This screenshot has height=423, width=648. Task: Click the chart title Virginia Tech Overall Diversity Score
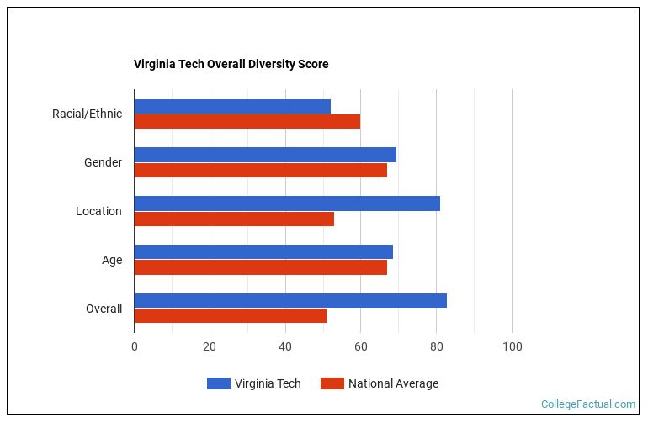tap(231, 64)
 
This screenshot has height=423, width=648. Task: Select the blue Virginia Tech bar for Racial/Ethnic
tap(232, 106)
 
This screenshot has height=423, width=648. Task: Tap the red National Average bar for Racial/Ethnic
tap(247, 121)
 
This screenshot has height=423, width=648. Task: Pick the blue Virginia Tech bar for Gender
tap(265, 155)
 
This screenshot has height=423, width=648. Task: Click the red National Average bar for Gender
tap(260, 170)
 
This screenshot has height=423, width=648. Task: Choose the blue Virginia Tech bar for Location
tap(287, 204)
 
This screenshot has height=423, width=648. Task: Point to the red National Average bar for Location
tap(234, 219)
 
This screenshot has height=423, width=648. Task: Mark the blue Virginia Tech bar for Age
tap(263, 252)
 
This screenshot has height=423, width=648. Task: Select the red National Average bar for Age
tap(260, 267)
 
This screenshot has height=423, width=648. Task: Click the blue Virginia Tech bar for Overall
tap(290, 301)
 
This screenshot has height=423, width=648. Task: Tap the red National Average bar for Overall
tap(230, 316)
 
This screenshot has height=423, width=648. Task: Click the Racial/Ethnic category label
tap(87, 114)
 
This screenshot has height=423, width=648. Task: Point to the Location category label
tap(98, 211)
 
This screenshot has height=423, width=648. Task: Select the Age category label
tap(112, 260)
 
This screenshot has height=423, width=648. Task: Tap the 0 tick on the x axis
tap(134, 346)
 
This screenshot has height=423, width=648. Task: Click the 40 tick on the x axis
tap(285, 346)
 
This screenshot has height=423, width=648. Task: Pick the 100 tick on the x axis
tap(512, 346)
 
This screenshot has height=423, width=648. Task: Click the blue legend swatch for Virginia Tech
tap(218, 383)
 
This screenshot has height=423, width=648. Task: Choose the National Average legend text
tap(393, 383)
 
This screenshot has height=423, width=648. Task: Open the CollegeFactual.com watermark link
tap(587, 404)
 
